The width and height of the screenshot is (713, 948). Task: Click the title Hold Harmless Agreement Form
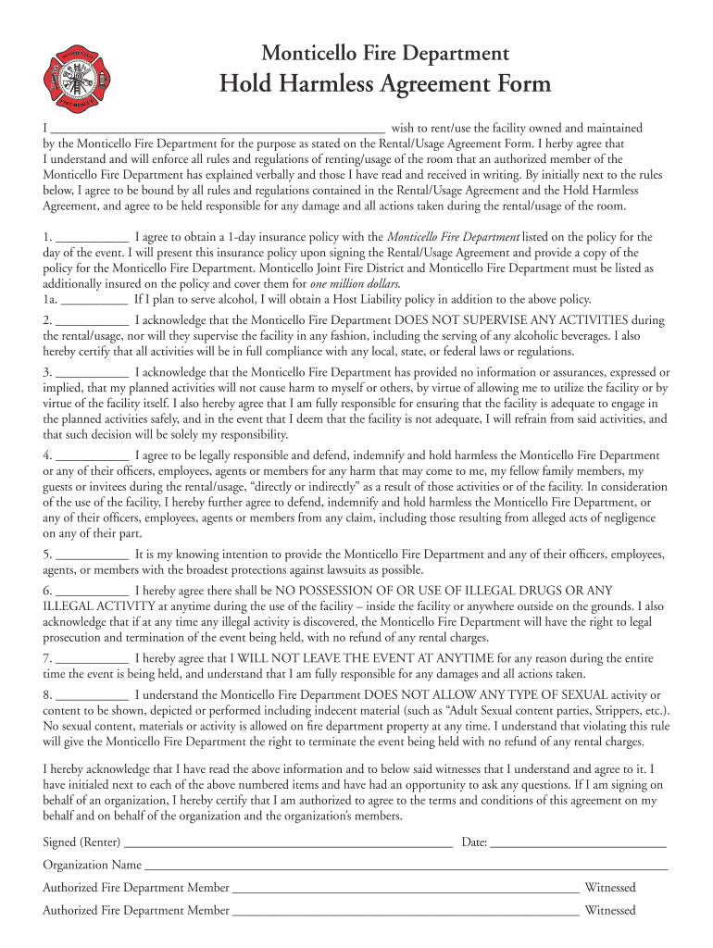coord(384,84)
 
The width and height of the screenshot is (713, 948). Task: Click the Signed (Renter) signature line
coord(287,844)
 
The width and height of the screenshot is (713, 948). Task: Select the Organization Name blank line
coord(406,867)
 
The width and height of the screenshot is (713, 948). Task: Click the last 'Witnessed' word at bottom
coord(610,911)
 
